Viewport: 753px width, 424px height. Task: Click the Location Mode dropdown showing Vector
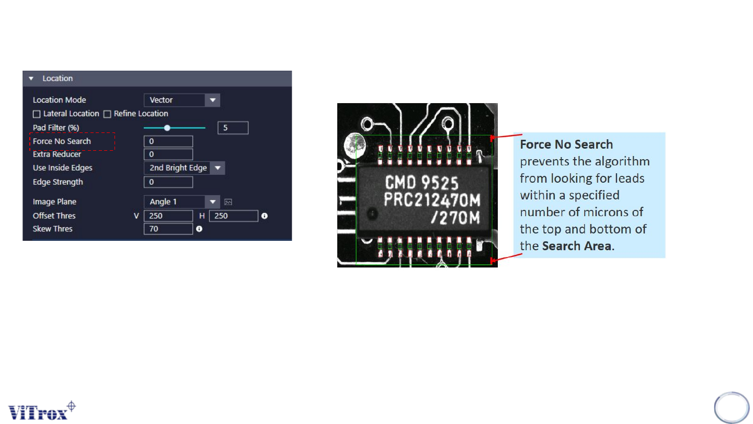[181, 100]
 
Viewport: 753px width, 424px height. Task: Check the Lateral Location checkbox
[37, 114]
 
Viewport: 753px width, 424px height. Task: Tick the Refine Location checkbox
[107, 114]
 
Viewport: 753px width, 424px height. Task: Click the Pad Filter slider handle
[167, 128]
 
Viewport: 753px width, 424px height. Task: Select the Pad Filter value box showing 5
[233, 128]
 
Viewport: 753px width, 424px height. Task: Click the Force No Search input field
[168, 141]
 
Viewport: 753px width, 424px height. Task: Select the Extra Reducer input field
[168, 154]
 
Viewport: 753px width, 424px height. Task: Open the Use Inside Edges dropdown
[184, 168]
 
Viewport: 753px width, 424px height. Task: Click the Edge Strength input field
[168, 182]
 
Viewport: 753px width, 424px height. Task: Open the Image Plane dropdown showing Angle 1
[181, 202]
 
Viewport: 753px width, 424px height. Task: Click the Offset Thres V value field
[168, 216]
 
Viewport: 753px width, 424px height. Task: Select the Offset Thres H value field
[233, 216]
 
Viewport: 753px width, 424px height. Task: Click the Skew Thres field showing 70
[168, 229]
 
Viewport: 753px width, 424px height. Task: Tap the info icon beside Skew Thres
[199, 229]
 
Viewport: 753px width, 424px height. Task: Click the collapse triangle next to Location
[31, 79]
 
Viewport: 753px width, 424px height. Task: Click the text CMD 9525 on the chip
[421, 183]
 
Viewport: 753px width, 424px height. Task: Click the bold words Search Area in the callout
[576, 246]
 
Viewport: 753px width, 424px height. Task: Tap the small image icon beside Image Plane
[228, 202]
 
